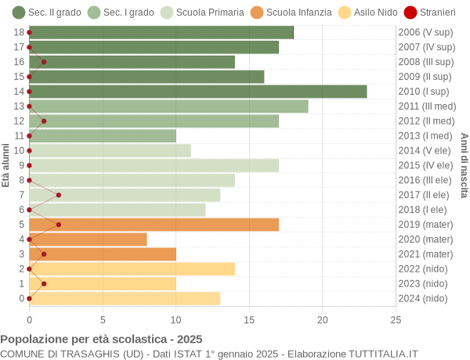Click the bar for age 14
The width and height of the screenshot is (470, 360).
point(197,92)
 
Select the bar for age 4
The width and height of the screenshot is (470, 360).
point(88,239)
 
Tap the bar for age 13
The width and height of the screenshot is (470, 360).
point(168,106)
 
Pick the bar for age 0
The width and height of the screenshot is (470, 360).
point(125,298)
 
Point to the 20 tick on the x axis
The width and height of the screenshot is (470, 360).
point(323,319)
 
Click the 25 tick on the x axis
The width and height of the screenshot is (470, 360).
point(396,319)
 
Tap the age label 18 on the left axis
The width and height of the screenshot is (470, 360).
point(19,32)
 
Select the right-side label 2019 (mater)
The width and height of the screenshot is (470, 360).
point(425,225)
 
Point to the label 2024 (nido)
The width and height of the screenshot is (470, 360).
point(423,298)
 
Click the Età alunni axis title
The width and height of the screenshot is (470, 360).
point(6,165)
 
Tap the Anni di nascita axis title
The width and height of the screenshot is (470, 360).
point(464,165)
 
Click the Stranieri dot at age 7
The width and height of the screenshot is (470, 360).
point(59,195)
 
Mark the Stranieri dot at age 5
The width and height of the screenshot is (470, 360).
point(59,225)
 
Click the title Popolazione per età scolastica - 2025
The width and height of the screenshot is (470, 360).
point(101,339)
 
